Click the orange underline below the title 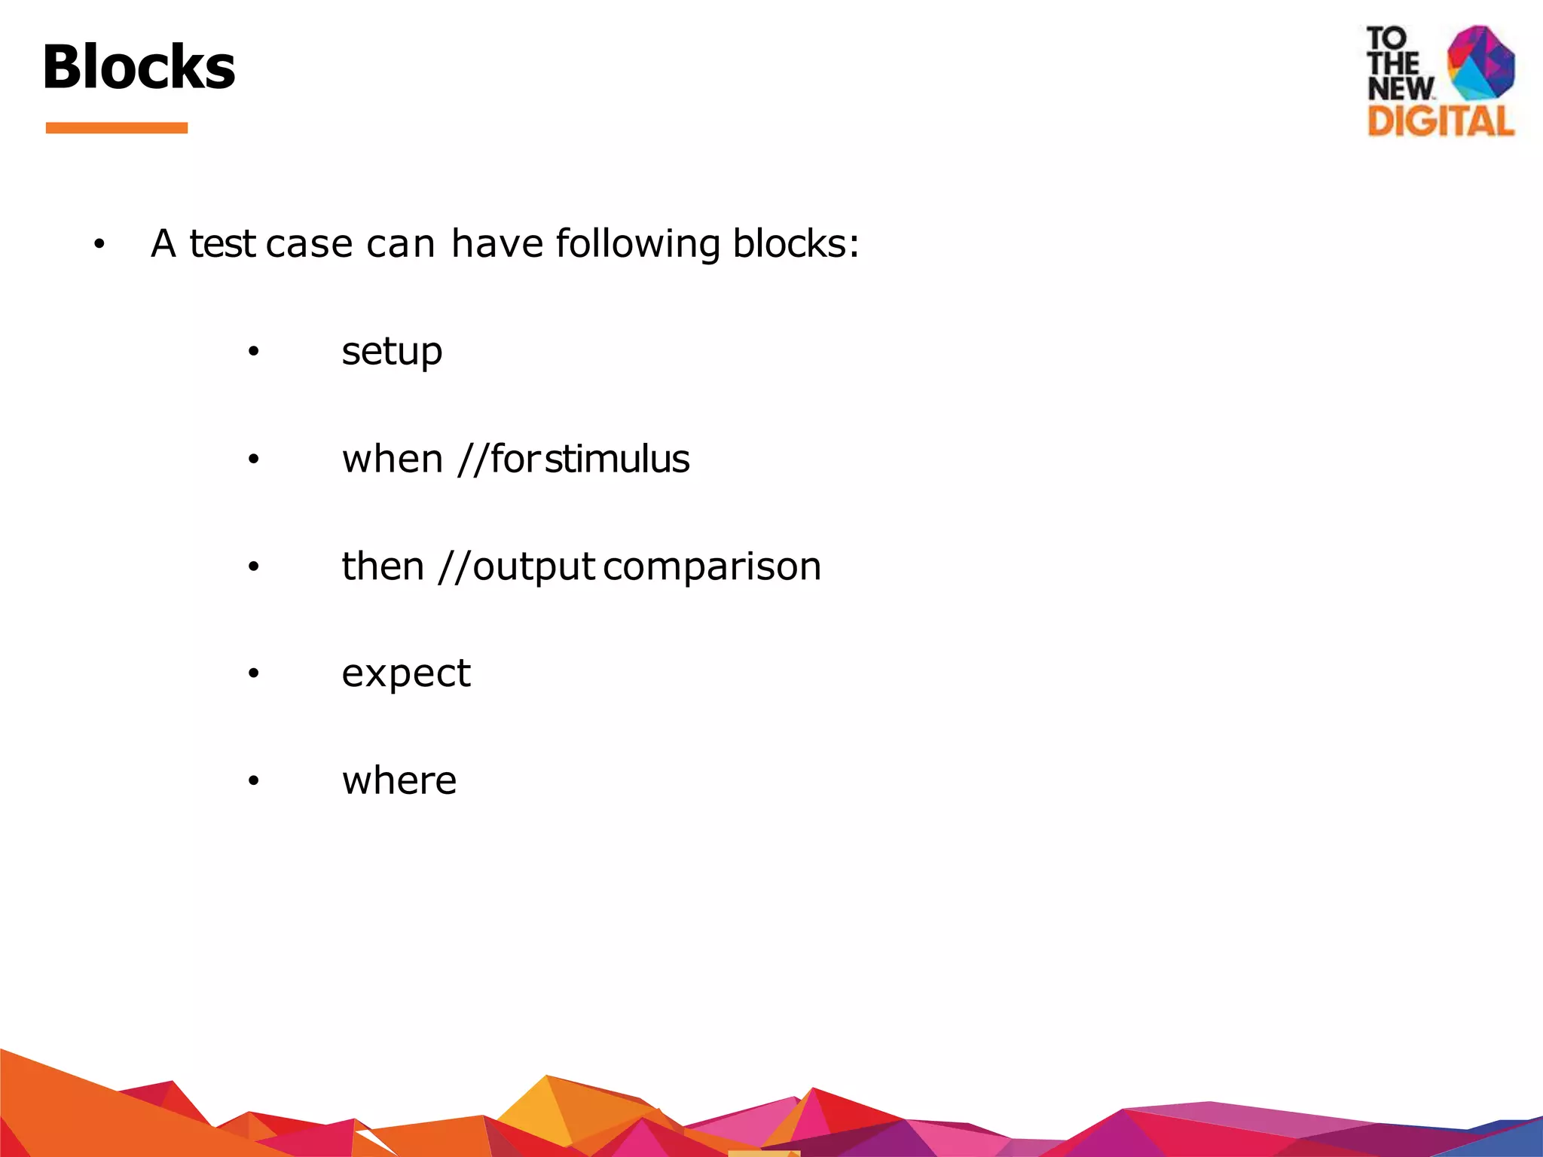[116, 128]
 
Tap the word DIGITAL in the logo [1441, 121]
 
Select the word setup [392, 352]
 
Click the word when [392, 459]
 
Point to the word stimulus [617, 459]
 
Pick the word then [383, 566]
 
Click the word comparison [712, 567]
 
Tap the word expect [406, 673]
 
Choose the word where [399, 780]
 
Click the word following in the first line [637, 245]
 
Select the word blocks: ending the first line [796, 244]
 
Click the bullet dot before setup [253, 352]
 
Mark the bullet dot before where [253, 780]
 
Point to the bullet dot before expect [253, 673]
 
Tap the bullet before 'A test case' [99, 244]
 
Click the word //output [517, 567]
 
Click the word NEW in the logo [1401, 88]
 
